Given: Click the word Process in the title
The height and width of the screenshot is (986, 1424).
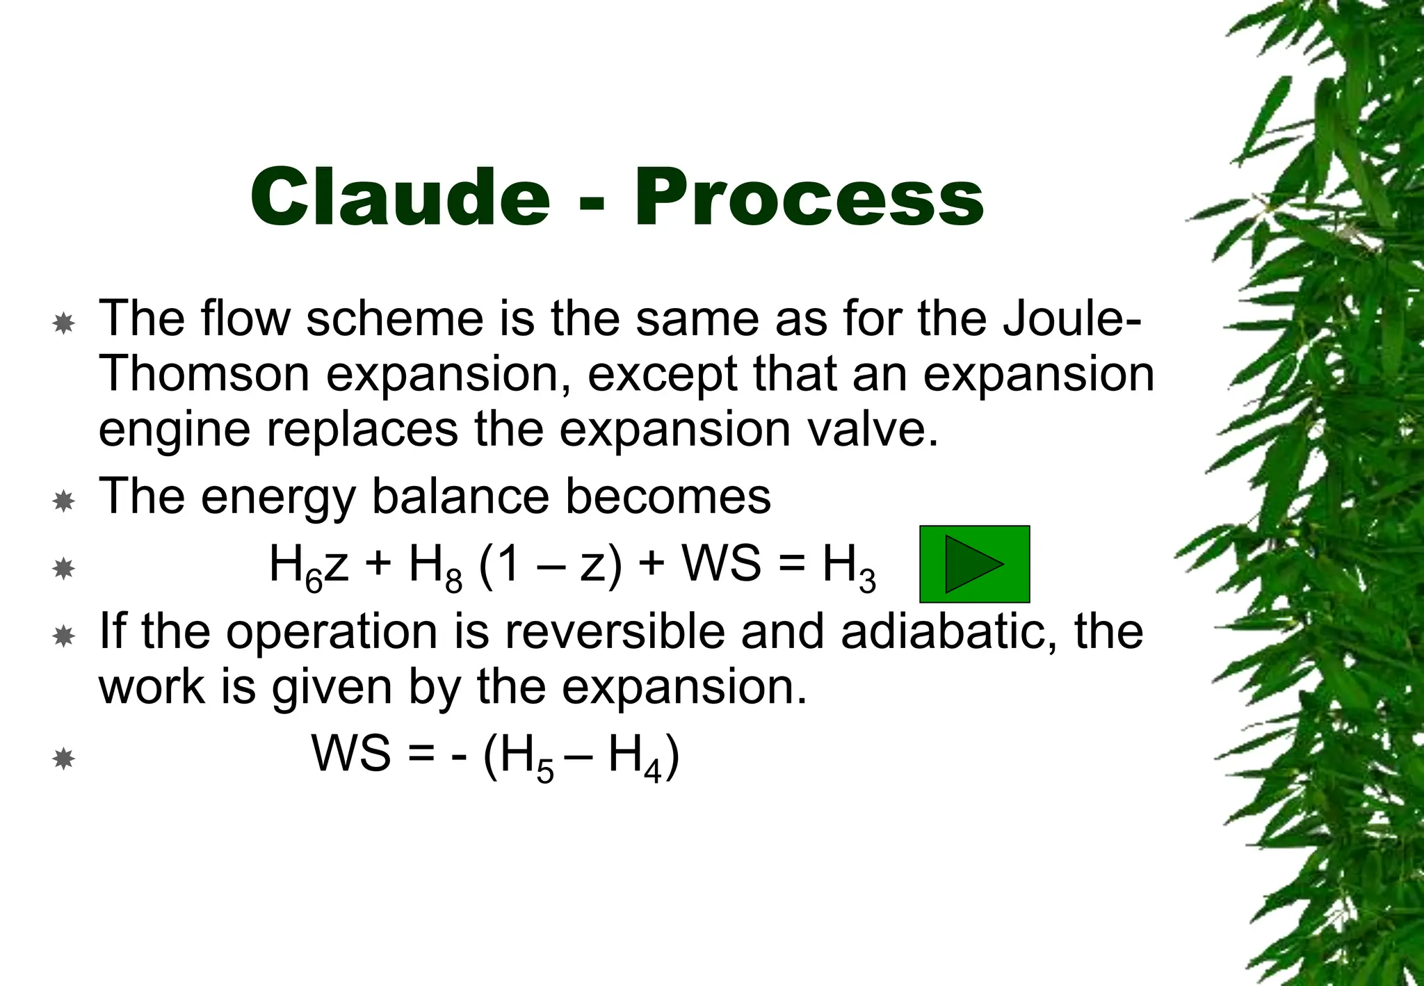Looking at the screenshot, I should tap(809, 197).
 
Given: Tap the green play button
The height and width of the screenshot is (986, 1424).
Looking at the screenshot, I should tap(974, 564).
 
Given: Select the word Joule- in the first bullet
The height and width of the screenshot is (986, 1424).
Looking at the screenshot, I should tap(1071, 318).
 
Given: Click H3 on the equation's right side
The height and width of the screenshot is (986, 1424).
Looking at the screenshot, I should tap(849, 565).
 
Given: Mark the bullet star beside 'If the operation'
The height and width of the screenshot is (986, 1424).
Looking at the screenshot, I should tap(63, 636).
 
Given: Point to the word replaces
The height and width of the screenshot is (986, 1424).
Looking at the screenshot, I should tap(362, 429).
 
